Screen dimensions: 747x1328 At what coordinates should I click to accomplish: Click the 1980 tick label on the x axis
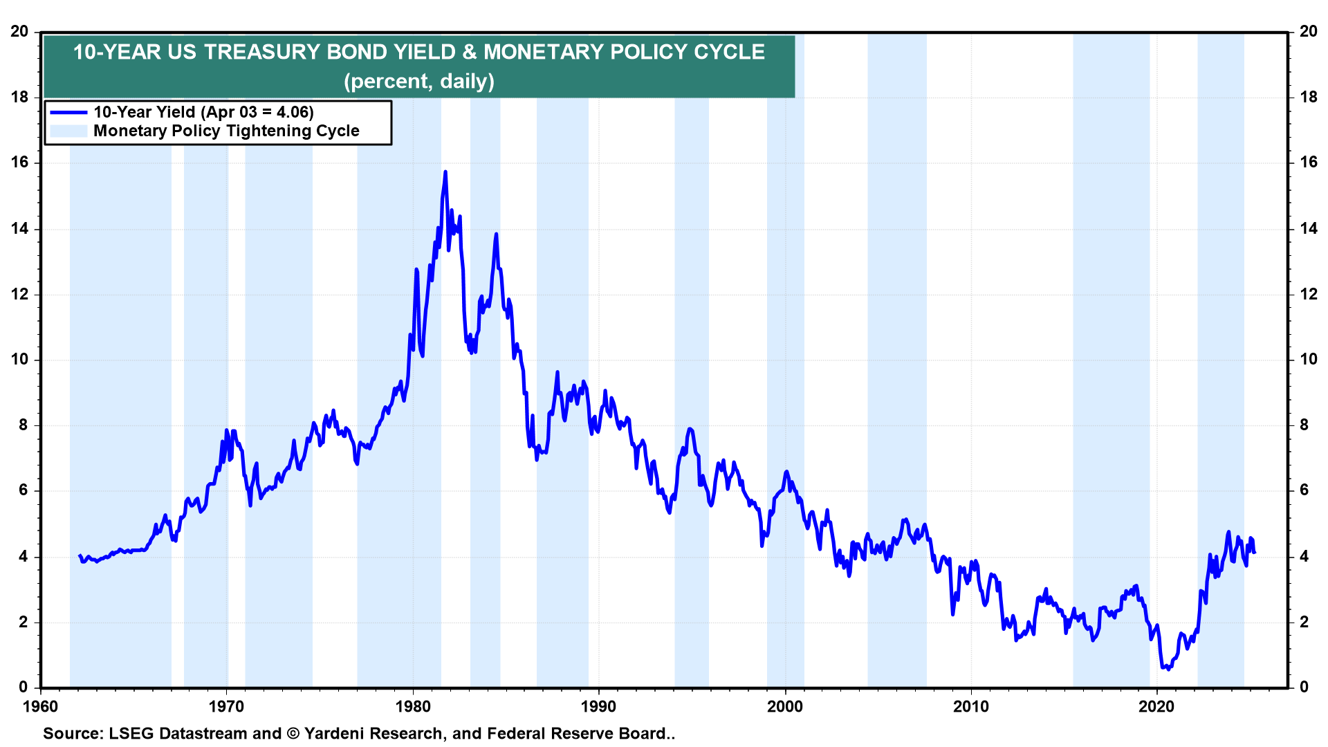click(x=413, y=706)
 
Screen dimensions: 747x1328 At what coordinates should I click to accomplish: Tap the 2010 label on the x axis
click(x=971, y=706)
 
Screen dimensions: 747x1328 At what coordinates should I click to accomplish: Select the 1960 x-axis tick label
click(x=41, y=706)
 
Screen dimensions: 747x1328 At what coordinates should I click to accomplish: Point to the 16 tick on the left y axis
click(x=19, y=163)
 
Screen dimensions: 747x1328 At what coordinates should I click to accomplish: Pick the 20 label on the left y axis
click(x=19, y=31)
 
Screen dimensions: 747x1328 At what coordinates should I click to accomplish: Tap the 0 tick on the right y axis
click(x=1304, y=687)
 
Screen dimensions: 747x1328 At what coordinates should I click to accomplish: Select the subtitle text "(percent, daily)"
click(x=419, y=81)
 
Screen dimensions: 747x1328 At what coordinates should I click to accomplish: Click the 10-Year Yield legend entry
click(x=203, y=112)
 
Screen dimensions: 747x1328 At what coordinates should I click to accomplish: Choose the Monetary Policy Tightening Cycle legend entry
click(x=226, y=131)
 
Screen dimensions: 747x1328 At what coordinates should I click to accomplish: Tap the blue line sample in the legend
click(x=68, y=112)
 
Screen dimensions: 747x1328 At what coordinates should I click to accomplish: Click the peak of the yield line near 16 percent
click(x=445, y=172)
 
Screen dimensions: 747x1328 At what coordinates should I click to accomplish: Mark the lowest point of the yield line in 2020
click(x=1168, y=669)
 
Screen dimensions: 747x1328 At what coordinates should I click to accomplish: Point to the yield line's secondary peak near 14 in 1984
click(x=496, y=234)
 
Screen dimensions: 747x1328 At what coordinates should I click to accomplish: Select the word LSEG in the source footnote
click(x=130, y=734)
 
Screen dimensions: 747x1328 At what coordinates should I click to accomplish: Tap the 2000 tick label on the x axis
click(x=785, y=706)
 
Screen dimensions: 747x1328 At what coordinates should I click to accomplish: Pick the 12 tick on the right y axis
click(x=1308, y=294)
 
